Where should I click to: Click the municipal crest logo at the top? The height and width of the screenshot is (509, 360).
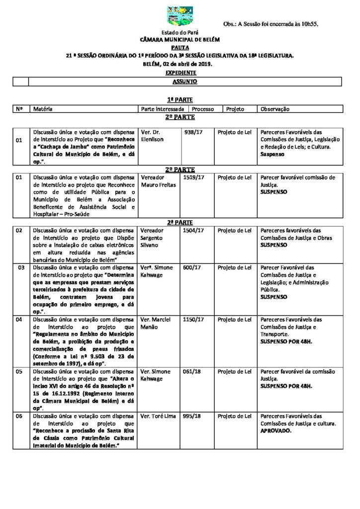(180, 16)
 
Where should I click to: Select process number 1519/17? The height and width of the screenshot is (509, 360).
(192, 177)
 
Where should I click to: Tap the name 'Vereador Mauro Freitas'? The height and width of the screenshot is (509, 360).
(155, 180)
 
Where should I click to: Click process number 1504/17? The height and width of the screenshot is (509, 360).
(192, 231)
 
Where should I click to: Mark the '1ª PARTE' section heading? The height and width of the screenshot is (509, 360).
(180, 100)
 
